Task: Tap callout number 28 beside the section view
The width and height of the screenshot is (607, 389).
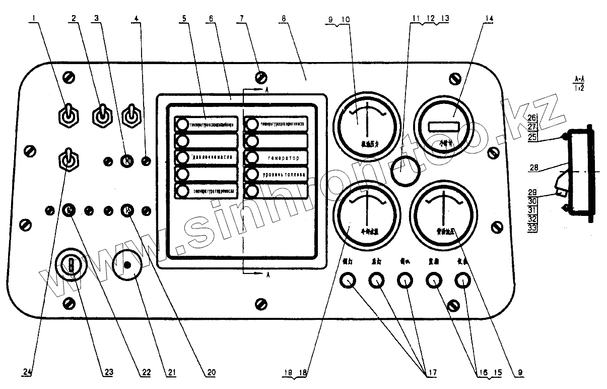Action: (x=532, y=166)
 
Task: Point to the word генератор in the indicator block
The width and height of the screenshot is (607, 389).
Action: (x=280, y=158)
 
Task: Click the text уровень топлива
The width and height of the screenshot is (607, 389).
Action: (x=281, y=175)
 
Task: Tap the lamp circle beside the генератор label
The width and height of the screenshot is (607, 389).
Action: (x=251, y=158)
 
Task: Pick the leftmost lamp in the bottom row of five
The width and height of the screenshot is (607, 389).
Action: (x=348, y=281)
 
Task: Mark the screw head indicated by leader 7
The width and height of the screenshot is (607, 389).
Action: (x=261, y=77)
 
